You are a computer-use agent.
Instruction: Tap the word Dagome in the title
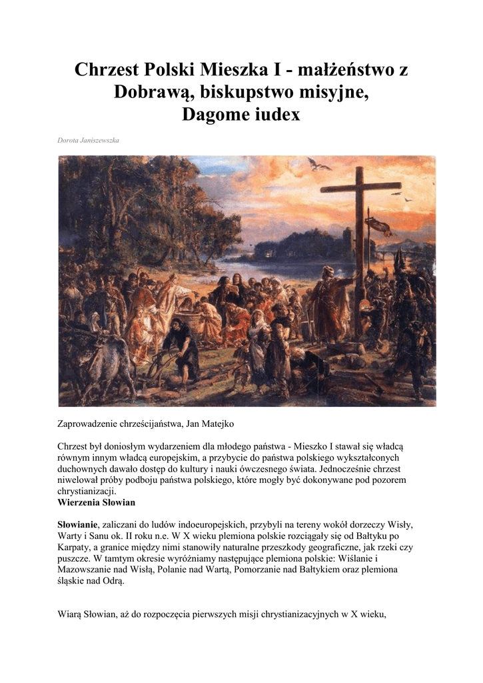pyautogui.click(x=215, y=115)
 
